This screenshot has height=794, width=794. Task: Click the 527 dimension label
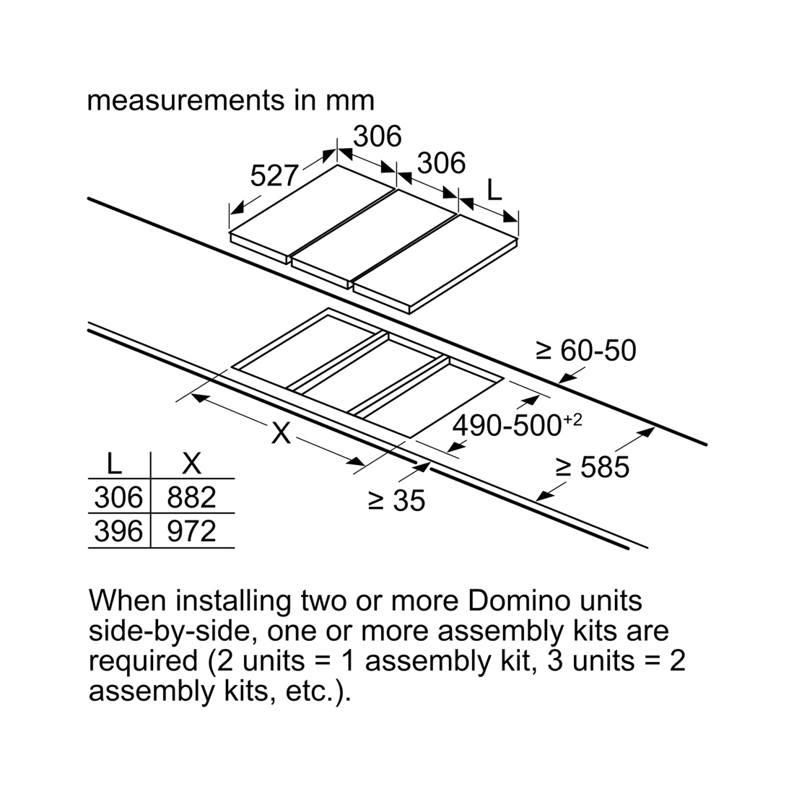(274, 175)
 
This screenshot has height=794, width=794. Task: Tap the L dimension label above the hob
(494, 190)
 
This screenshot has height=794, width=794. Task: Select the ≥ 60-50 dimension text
(586, 350)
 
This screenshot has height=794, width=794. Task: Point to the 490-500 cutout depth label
(507, 425)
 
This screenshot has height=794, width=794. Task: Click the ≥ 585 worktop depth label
(592, 466)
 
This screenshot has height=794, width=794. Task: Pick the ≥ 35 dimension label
(396, 501)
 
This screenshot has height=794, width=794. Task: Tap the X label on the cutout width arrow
(281, 434)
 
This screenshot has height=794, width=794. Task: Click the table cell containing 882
(191, 497)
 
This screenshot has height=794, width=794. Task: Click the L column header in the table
(115, 463)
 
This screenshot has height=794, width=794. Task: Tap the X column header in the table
(191, 463)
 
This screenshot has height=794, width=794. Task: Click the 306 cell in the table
(118, 497)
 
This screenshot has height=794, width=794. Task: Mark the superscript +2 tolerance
(572, 420)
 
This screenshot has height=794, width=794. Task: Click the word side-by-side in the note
(173, 632)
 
